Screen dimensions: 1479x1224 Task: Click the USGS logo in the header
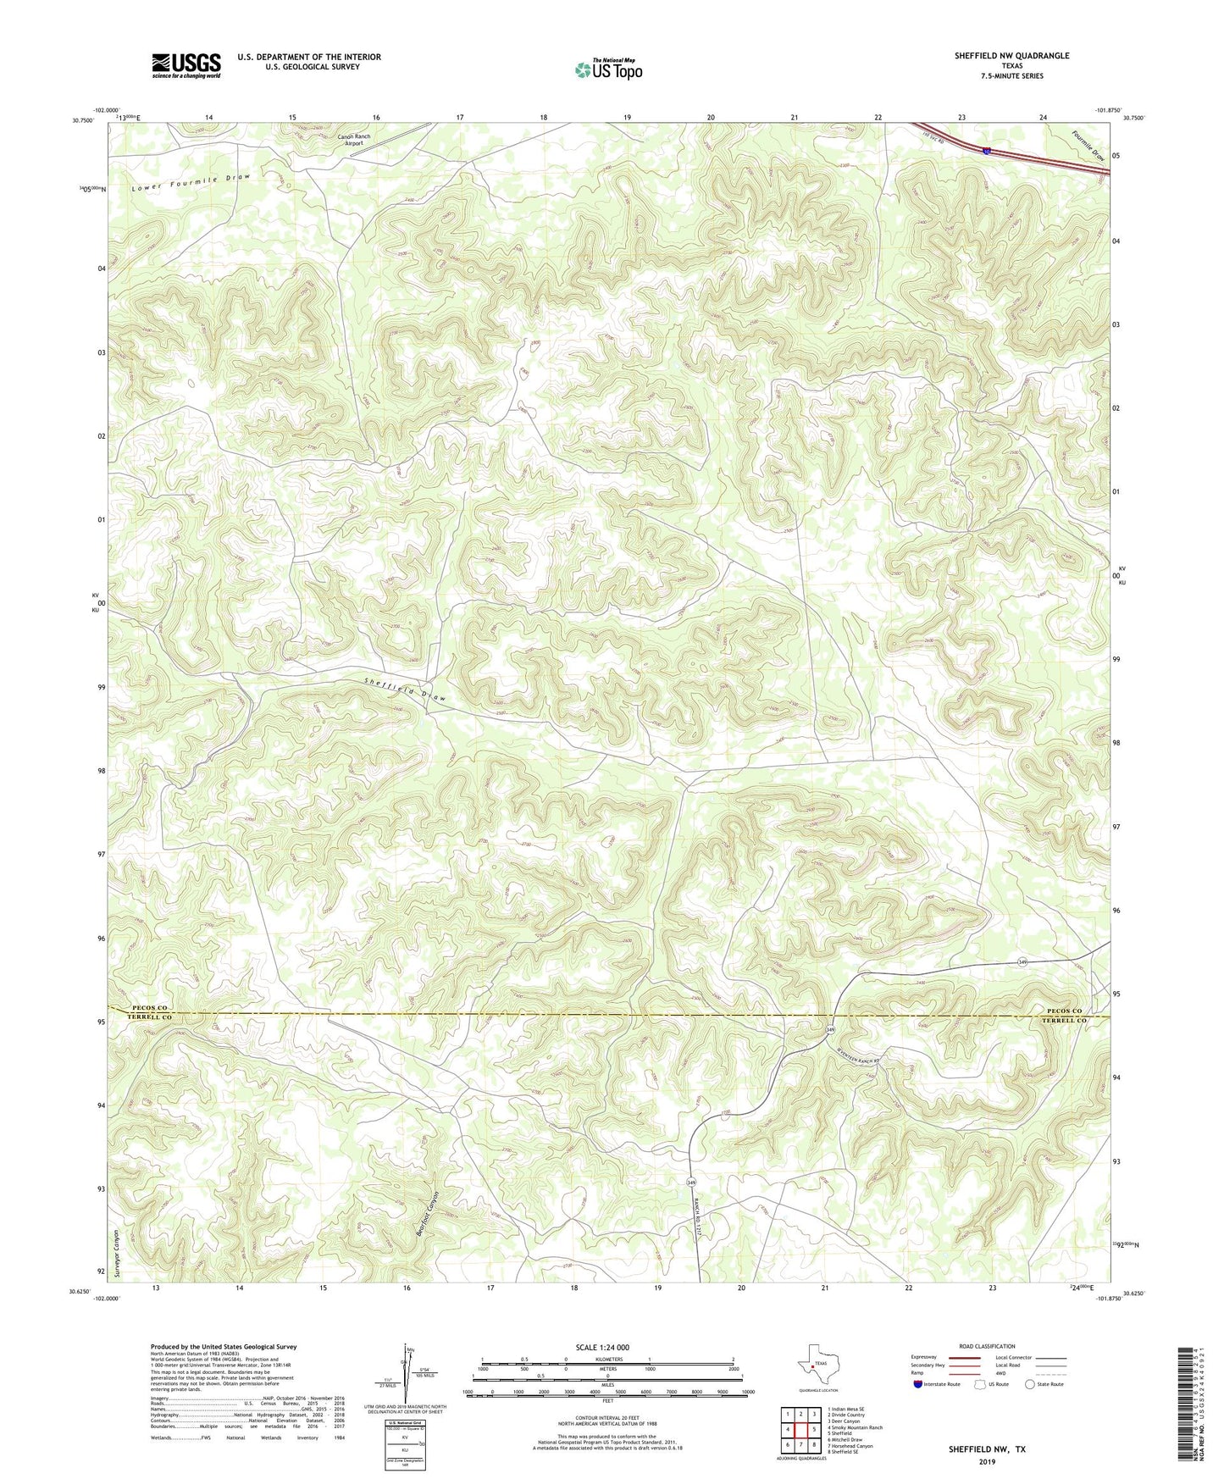(186, 65)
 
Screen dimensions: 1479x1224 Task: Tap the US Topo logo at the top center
(608, 69)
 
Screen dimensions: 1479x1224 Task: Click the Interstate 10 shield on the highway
(988, 151)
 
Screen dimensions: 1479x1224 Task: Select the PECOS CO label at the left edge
(152, 1008)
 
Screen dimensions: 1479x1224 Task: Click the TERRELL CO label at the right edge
(1064, 1021)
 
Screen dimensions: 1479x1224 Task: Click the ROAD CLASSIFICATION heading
(987, 1346)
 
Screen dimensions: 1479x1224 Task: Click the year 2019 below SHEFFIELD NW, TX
(986, 1460)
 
